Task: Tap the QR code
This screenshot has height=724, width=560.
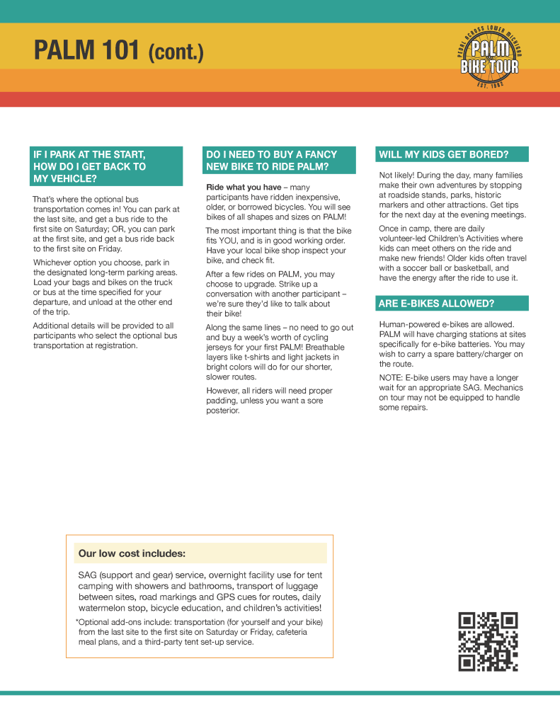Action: pyautogui.click(x=488, y=641)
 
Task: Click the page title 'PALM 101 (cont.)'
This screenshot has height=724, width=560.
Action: pyautogui.click(x=119, y=51)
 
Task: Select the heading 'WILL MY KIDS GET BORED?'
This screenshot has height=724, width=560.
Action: pyautogui.click(x=444, y=154)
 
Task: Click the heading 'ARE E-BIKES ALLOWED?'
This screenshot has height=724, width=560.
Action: pyautogui.click(x=437, y=304)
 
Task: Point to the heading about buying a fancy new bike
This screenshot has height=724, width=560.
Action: pyautogui.click(x=272, y=161)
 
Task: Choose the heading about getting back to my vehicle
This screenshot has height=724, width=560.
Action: pyautogui.click(x=90, y=166)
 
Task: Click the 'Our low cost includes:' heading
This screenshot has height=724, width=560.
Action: pyautogui.click(x=132, y=553)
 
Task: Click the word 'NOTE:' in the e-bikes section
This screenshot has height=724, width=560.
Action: pyautogui.click(x=392, y=378)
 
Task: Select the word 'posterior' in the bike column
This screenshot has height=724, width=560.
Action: pyautogui.click(x=222, y=410)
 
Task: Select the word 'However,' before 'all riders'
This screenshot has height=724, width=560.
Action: pyautogui.click(x=222, y=391)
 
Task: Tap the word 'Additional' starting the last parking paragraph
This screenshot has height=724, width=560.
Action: pyautogui.click(x=54, y=326)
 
